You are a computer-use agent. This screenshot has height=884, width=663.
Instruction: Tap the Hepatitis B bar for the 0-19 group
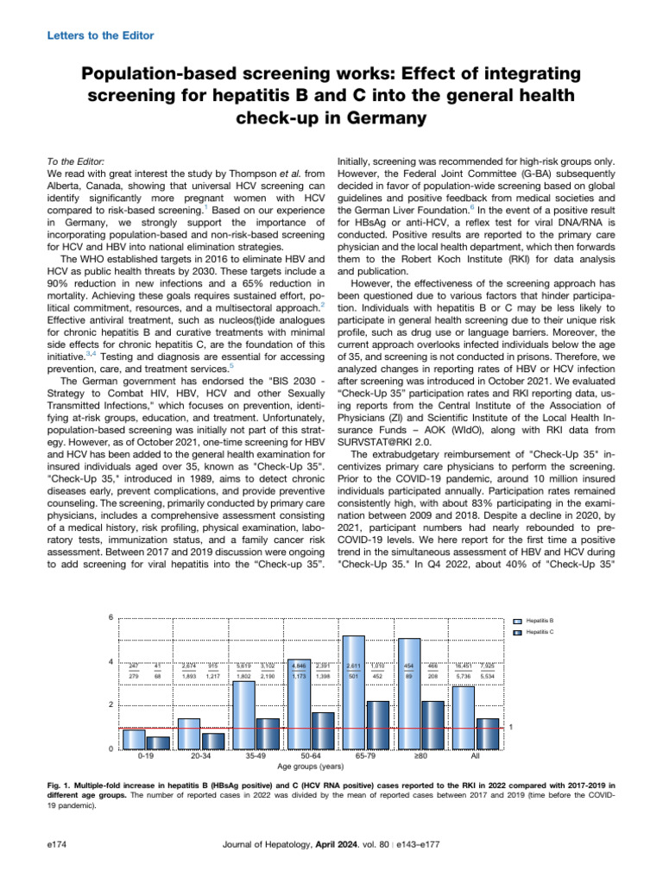[134, 739]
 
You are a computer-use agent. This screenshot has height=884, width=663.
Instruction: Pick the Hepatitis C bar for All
[488, 733]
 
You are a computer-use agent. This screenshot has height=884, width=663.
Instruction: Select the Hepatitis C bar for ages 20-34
[212, 741]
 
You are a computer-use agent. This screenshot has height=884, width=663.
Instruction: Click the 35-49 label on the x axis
[255, 756]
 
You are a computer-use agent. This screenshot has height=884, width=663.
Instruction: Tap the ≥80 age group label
[420, 756]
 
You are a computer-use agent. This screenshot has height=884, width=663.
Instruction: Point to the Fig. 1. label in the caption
[62, 785]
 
